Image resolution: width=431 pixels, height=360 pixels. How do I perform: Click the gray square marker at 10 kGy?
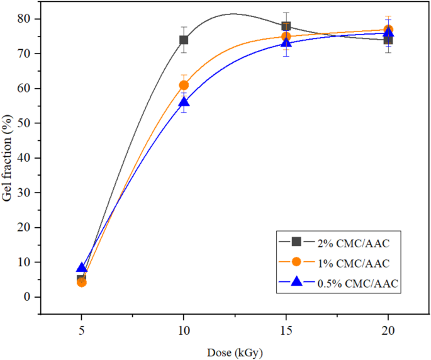point(184,40)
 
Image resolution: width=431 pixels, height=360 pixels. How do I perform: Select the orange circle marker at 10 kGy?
point(184,85)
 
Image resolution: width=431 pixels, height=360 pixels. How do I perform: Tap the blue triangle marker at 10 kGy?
point(184,102)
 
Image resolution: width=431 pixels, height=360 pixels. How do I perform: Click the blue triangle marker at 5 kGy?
point(81,267)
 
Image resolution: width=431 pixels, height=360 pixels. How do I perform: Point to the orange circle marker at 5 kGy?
point(81,282)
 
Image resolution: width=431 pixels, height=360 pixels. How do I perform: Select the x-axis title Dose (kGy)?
point(235,353)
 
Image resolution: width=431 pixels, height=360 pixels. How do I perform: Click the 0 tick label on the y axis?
point(29,296)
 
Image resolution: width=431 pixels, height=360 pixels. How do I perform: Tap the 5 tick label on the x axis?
point(81,329)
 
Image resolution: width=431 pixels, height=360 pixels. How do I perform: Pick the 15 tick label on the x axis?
point(286,329)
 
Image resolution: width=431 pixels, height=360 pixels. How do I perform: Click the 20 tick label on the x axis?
point(388,329)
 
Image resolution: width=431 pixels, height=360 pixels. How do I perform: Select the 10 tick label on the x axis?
point(184,329)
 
